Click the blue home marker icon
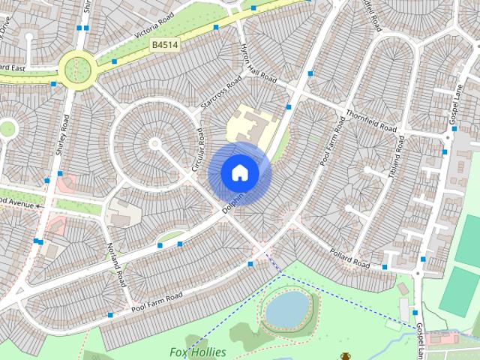pyautogui.click(x=239, y=173)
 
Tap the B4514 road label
pyautogui.click(x=163, y=45)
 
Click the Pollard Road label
pyautogui.click(x=349, y=259)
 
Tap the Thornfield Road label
pyautogui.click(x=370, y=121)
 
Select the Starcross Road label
pyautogui.click(x=220, y=94)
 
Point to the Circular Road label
pyautogui.click(x=199, y=149)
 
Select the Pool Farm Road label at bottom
pyautogui.click(x=157, y=302)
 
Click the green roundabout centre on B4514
pyautogui.click(x=77, y=68)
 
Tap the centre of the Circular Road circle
pyautogui.click(x=154, y=142)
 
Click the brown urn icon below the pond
pyautogui.click(x=346, y=355)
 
